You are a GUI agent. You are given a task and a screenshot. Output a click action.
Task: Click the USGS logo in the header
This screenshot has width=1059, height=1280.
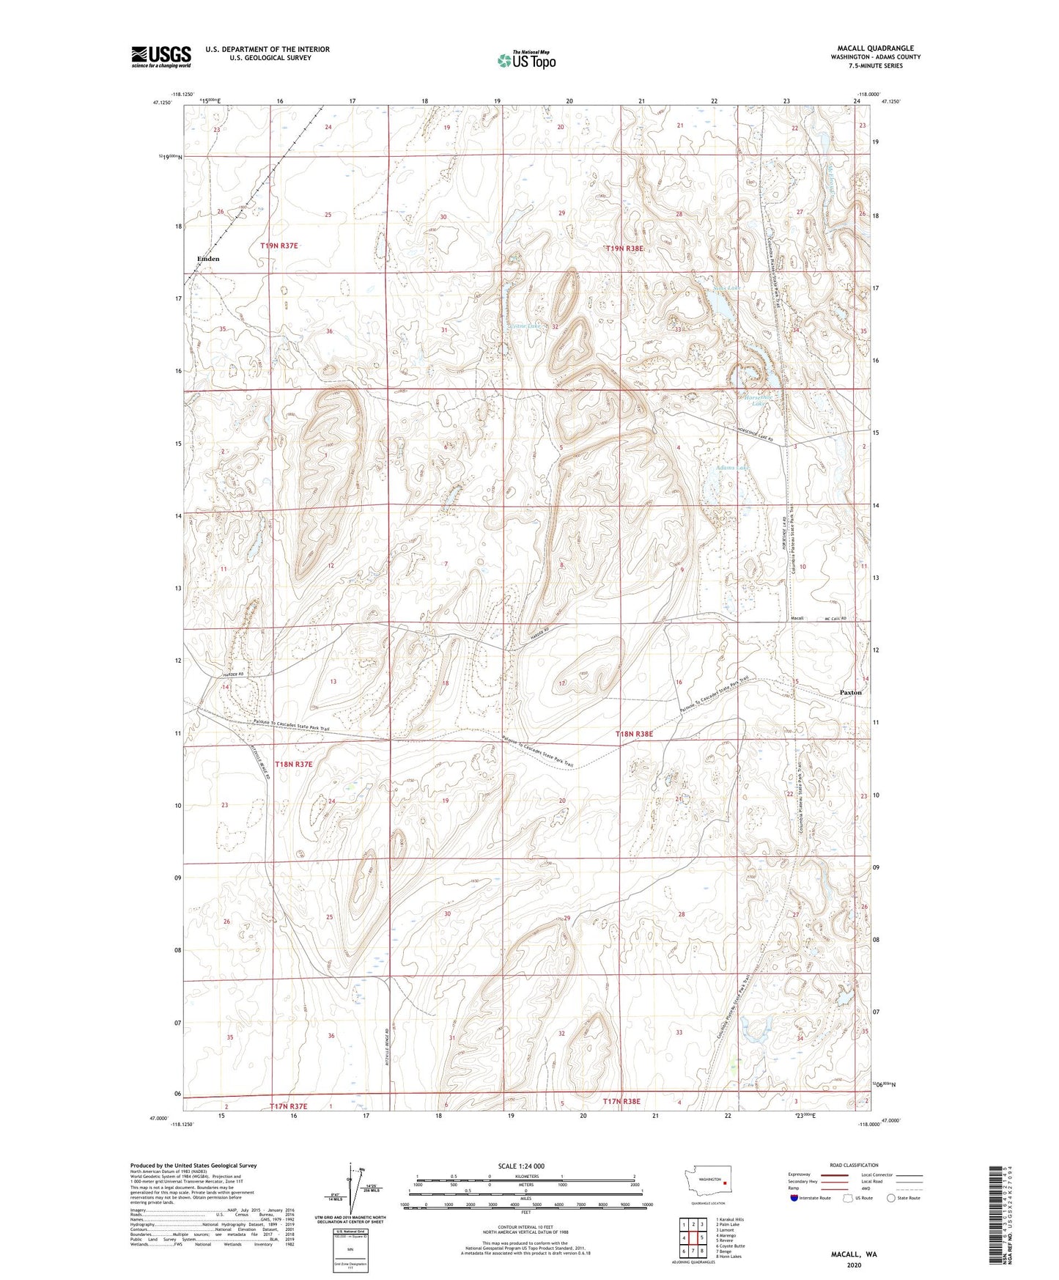(160, 56)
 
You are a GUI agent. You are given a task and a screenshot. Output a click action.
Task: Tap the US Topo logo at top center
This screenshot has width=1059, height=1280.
(526, 59)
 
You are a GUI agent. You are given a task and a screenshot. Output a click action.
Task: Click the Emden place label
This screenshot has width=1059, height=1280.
(208, 259)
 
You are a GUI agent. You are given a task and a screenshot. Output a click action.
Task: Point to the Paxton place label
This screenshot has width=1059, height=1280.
(850, 692)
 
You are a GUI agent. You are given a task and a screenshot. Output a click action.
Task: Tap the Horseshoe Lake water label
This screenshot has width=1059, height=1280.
(754, 400)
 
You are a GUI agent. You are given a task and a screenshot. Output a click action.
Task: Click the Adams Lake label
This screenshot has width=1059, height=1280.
(733, 468)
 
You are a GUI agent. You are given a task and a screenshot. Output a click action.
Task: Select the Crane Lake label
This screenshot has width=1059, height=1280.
(525, 325)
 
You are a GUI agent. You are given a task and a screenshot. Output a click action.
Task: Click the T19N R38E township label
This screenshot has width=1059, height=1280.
(624, 249)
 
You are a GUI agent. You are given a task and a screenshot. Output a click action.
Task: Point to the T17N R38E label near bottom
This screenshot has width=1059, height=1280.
(621, 1102)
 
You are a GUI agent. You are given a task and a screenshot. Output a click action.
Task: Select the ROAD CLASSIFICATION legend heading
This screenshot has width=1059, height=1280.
(853, 1165)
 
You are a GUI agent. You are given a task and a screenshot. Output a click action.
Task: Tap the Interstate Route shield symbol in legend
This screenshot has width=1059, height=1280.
(794, 1198)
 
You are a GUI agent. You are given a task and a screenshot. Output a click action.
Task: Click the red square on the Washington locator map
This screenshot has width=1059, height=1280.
(724, 1182)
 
